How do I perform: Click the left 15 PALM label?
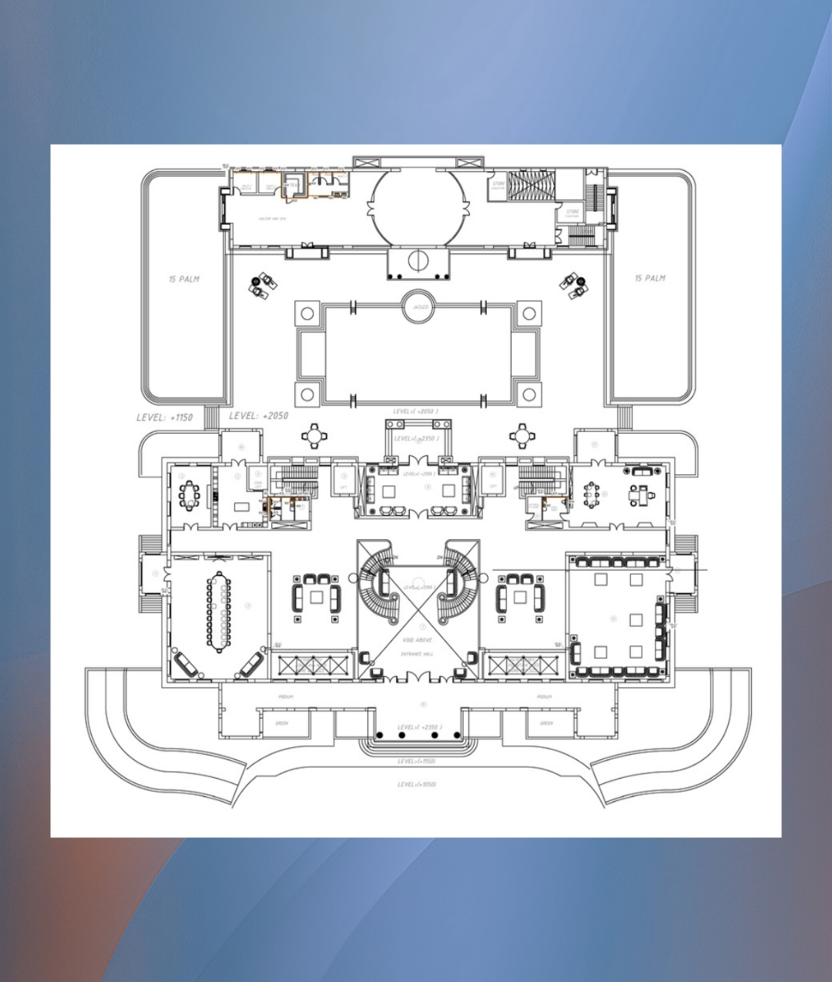[184, 279]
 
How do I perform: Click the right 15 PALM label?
[650, 278]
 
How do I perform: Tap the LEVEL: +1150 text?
[164, 417]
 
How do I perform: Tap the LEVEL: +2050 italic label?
[259, 416]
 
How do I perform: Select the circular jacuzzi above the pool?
[419, 307]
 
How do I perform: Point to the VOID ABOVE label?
[418, 640]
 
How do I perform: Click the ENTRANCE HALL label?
[418, 654]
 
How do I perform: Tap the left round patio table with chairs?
[314, 436]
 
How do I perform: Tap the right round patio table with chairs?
[522, 436]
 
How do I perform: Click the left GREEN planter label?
[282, 723]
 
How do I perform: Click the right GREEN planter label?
[546, 723]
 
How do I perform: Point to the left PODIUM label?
[286, 697]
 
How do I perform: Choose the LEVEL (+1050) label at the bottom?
[418, 785]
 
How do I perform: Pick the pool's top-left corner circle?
[307, 313]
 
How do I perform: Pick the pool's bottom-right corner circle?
[529, 395]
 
